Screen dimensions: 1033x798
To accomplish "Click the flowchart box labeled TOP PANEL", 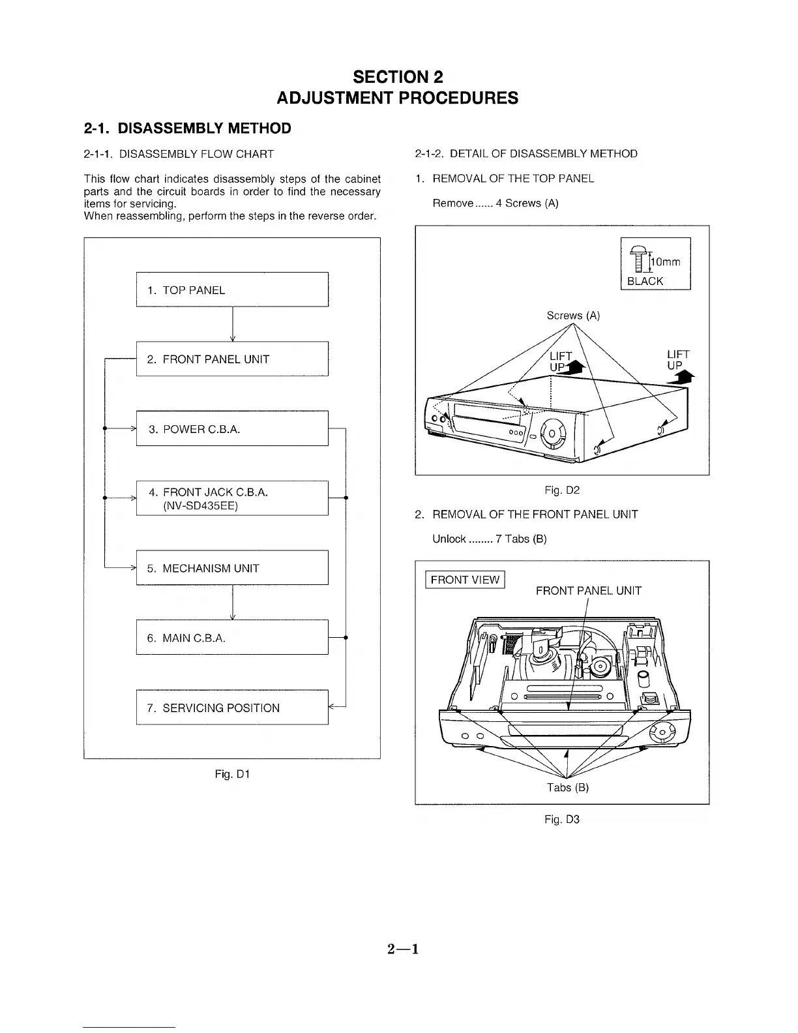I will point(232,290).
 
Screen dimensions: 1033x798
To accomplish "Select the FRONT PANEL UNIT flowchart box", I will point(232,359).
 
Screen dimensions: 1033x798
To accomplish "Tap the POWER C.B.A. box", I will point(232,428).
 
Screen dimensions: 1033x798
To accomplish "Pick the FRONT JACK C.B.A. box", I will point(232,498).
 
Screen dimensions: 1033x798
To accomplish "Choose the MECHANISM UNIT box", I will point(232,568).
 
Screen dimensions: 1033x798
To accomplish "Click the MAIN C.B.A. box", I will point(232,637).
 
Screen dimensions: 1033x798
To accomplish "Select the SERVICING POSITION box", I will point(232,707).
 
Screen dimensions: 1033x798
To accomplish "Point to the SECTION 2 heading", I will point(398,77).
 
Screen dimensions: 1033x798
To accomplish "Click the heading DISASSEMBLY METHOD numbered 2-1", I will point(188,128).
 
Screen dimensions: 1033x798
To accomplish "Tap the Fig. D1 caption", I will point(232,774).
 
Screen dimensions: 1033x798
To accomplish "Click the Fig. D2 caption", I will point(562,490).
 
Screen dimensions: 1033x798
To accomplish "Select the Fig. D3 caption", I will point(562,819).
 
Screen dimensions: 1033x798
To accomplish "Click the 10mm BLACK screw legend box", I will point(655,263).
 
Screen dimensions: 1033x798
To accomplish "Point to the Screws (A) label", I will point(573,316).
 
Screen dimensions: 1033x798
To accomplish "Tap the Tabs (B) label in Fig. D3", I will point(568,787).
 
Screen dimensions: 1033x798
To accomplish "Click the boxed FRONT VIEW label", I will point(465,580).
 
